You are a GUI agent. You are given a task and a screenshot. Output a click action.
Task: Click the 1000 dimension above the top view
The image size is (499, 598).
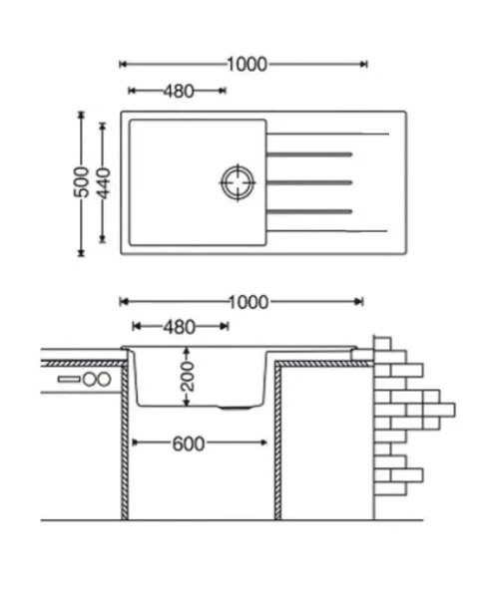click(x=248, y=65)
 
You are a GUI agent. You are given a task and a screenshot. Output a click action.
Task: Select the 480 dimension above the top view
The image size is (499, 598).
click(x=179, y=91)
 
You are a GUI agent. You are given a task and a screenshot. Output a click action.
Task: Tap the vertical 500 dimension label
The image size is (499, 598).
click(x=81, y=182)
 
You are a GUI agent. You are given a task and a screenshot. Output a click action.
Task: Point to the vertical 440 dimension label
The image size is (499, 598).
click(x=103, y=183)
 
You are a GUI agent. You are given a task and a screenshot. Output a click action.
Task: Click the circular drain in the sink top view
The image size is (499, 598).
click(x=238, y=182)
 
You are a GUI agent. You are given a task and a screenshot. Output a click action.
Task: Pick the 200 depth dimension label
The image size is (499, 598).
click(x=187, y=377)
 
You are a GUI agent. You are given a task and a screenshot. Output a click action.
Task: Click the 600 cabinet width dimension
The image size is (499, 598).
click(x=189, y=444)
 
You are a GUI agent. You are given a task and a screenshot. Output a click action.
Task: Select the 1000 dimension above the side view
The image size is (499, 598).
click(x=249, y=302)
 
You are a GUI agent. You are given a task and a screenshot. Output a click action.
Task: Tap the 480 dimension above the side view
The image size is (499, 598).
click(x=180, y=327)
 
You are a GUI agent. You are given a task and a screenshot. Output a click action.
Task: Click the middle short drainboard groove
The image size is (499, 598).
click(x=309, y=182)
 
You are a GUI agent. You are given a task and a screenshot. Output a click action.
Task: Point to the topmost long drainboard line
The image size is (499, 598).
click(x=327, y=134)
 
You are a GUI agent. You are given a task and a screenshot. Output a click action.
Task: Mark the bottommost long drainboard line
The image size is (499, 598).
click(x=326, y=231)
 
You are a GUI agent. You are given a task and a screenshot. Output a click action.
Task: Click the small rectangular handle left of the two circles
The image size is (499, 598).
click(x=69, y=380)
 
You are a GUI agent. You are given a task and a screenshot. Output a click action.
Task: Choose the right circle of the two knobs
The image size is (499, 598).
click(x=104, y=380)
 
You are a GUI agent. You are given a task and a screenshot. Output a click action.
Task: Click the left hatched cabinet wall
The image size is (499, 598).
click(x=125, y=441)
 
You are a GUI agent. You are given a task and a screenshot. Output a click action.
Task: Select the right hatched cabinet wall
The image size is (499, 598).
click(x=278, y=441)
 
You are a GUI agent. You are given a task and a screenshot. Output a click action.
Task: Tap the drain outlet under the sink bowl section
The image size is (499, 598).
click(x=235, y=408)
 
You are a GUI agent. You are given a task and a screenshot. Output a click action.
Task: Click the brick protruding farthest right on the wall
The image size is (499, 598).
click(x=439, y=410)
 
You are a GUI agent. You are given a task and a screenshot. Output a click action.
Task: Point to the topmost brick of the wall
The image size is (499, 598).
click(x=382, y=344)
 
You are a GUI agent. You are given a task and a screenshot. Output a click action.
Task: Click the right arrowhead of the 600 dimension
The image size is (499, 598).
click(x=262, y=443)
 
